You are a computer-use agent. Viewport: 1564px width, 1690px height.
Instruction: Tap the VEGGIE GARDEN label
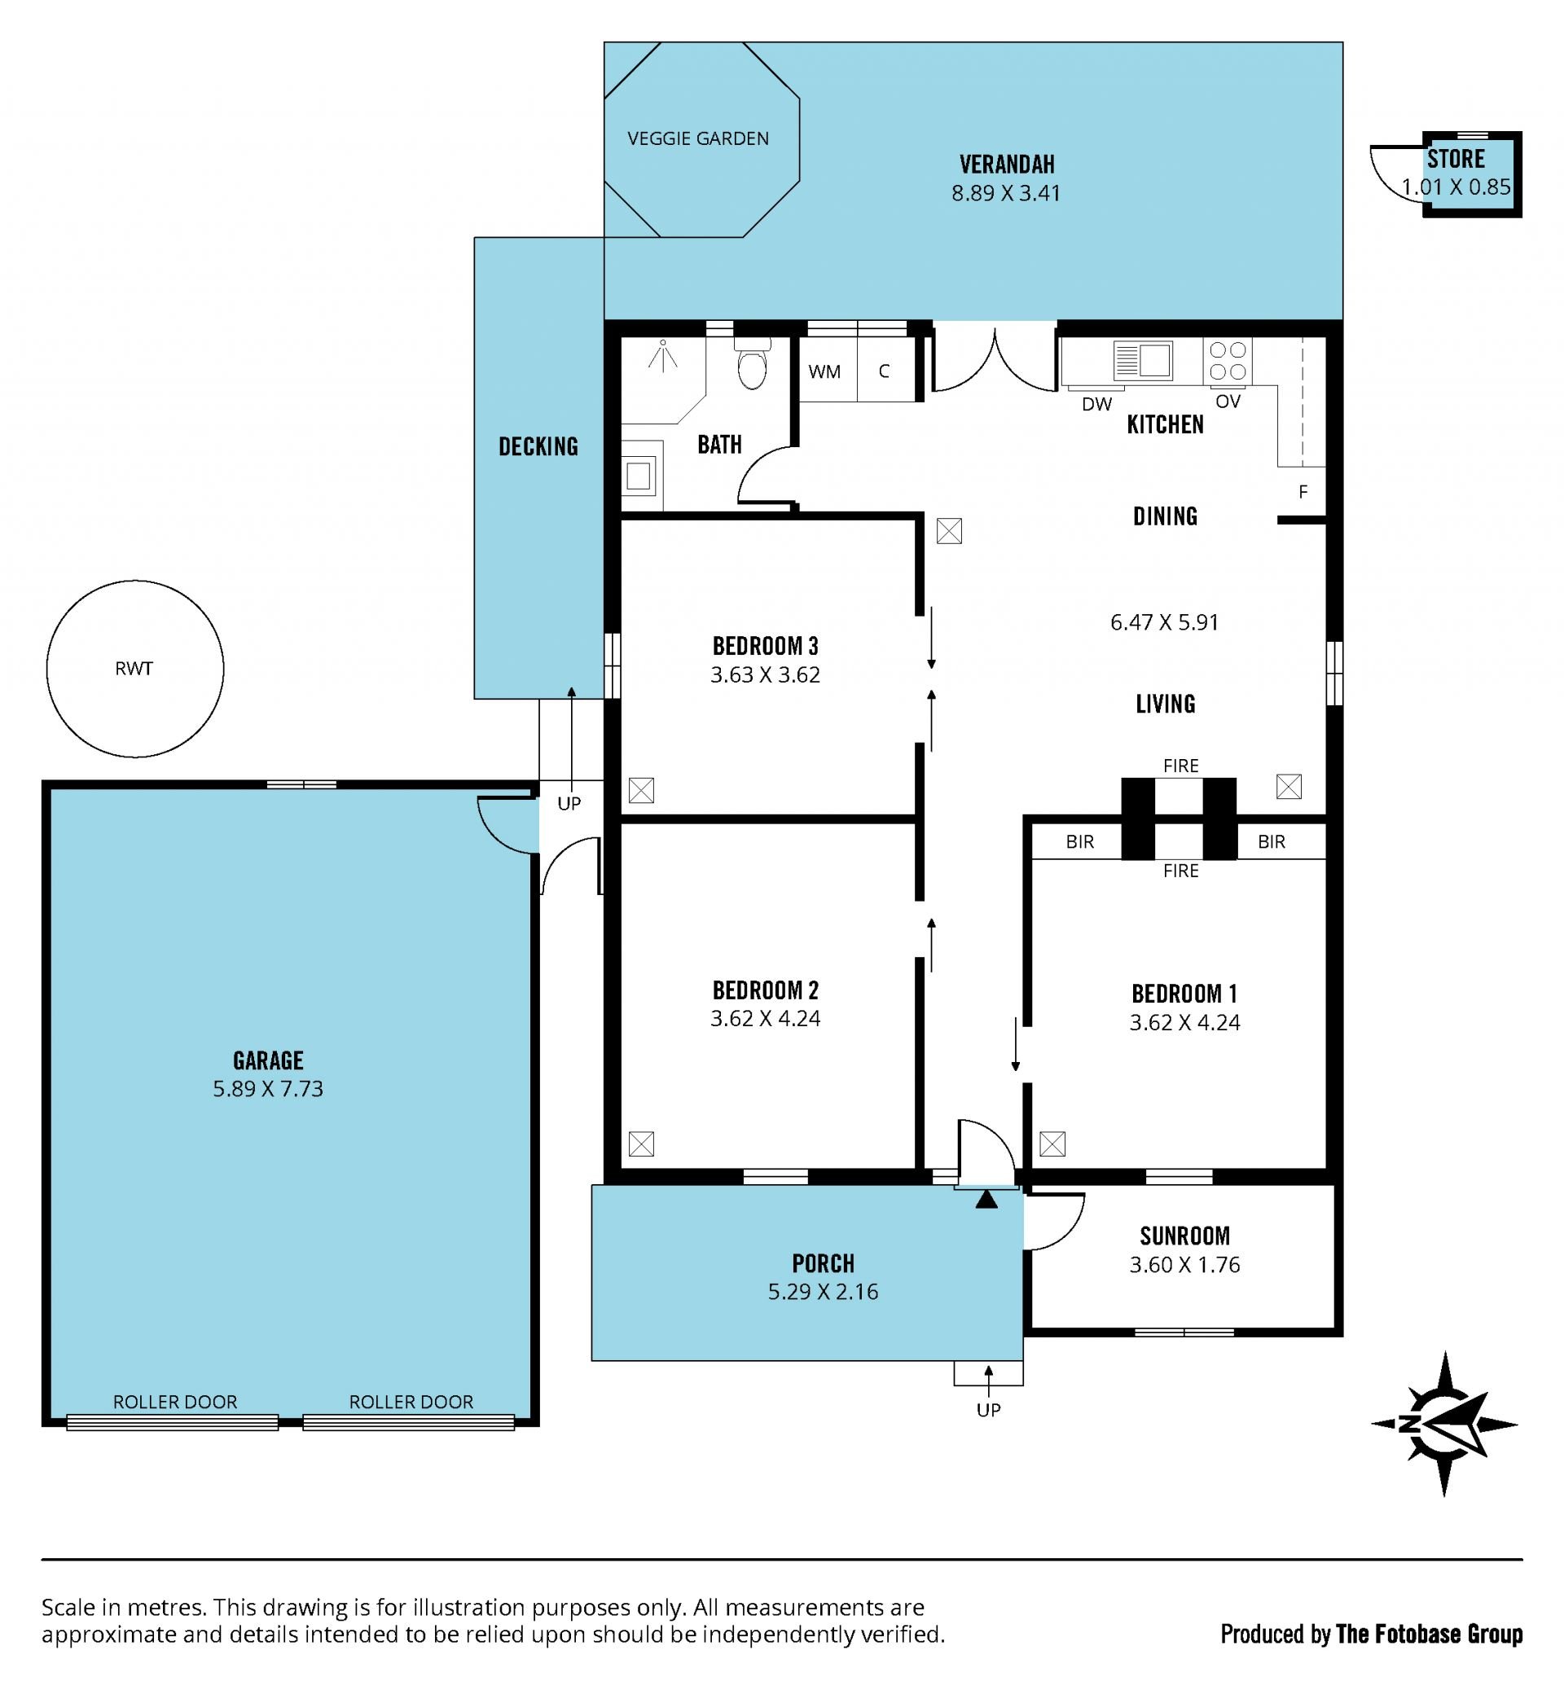pos(698,138)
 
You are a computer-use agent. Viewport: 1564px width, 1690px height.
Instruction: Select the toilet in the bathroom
pos(753,363)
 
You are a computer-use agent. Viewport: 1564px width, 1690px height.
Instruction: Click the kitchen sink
pos(1144,361)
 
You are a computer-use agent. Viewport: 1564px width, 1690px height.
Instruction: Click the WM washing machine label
pos(824,371)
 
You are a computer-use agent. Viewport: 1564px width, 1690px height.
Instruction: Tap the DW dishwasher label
pos(1096,405)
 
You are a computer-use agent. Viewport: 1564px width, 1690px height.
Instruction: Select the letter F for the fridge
pos(1303,492)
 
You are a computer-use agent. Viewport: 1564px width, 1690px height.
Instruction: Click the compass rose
pos(1445,1424)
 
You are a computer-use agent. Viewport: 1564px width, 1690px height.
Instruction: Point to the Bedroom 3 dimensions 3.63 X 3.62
pos(765,674)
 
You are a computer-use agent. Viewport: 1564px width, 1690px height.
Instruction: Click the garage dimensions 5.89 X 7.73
pos(267,1088)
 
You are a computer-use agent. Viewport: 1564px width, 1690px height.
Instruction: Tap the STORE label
pos(1456,158)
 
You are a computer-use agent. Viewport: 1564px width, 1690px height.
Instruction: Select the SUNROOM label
pos(1185,1236)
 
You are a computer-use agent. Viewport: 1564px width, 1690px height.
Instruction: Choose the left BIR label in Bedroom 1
pos(1080,841)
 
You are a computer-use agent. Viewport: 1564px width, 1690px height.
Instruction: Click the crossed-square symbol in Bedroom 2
pos(642,1144)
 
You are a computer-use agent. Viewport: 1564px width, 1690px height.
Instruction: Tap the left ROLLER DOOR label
pos(175,1402)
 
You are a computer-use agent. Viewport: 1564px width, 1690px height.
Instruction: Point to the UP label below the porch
pos(989,1410)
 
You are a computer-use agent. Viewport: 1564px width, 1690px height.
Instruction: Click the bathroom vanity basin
pos(639,476)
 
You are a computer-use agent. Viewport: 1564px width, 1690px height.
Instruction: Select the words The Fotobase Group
pos(1429,1634)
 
